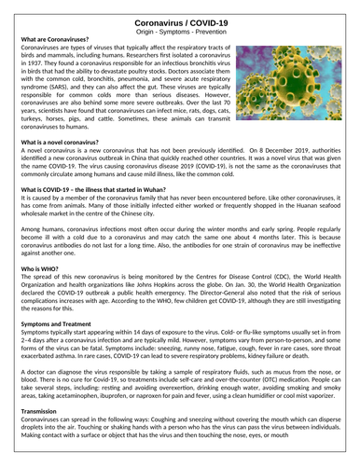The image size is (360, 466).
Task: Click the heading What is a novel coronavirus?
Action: coord(66,140)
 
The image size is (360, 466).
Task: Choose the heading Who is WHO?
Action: coord(43,267)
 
